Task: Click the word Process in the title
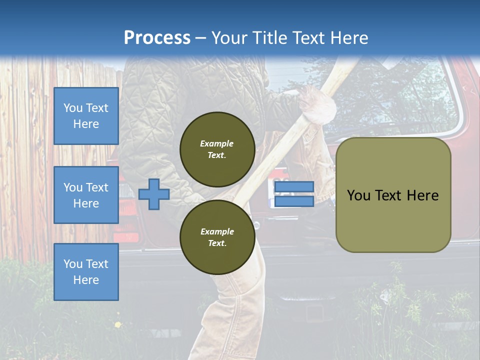(x=157, y=38)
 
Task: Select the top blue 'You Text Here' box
(x=86, y=116)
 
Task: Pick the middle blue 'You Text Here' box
(x=86, y=195)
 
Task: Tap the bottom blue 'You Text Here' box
(x=86, y=272)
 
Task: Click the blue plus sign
(x=154, y=194)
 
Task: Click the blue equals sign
(x=294, y=194)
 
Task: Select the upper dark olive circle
(x=217, y=149)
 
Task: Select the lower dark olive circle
(x=217, y=237)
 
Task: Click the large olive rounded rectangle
(x=393, y=195)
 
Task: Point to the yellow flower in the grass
(x=118, y=325)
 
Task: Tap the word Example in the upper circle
(x=216, y=143)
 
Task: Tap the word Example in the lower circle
(x=216, y=231)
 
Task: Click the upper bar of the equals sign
(x=294, y=187)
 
